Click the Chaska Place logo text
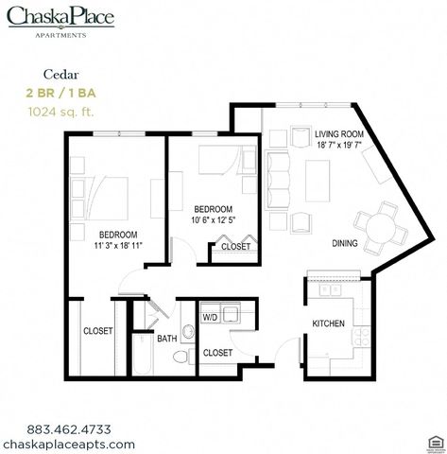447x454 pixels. [x=60, y=16]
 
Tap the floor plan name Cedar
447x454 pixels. [x=60, y=75]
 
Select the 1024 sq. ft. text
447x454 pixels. [x=60, y=112]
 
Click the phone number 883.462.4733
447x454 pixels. [x=69, y=429]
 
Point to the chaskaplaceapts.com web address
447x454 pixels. [x=69, y=445]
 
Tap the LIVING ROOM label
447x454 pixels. [x=339, y=134]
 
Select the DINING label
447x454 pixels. [x=345, y=243]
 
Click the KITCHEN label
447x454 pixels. [x=328, y=323]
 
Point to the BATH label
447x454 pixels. [x=167, y=339]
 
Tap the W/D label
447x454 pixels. [x=210, y=318]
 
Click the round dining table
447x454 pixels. [x=381, y=228]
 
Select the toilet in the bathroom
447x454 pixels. [x=184, y=357]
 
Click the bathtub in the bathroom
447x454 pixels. [x=143, y=355]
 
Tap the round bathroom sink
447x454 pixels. [x=188, y=332]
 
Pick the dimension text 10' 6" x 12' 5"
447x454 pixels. [x=214, y=219]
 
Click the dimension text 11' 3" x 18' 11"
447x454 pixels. [x=118, y=245]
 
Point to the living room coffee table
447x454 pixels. [x=318, y=181]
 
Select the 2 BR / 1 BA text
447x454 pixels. [x=60, y=93]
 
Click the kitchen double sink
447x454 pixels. [x=330, y=289]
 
